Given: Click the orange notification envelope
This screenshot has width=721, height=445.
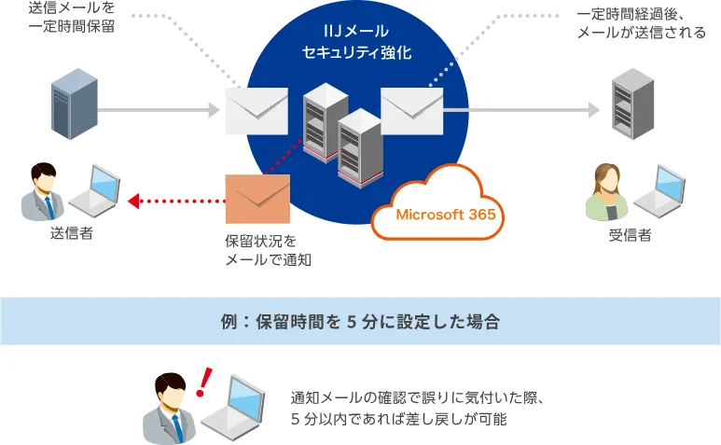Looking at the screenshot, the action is (257, 199).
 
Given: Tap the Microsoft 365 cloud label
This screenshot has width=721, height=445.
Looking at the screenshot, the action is (446, 215).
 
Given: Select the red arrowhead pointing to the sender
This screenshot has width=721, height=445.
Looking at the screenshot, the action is (133, 201).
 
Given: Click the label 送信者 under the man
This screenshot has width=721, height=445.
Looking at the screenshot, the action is (71, 233).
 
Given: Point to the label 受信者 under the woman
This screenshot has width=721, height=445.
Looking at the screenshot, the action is (630, 235).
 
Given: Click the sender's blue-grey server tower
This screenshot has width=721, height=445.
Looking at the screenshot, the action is (75, 104).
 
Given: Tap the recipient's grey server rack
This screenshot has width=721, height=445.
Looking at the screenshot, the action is (632, 104).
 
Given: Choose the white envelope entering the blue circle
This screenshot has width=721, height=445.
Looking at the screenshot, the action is (257, 111).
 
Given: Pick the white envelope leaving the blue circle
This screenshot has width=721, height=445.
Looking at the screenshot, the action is (412, 111).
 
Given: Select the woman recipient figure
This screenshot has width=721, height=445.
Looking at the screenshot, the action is (606, 192).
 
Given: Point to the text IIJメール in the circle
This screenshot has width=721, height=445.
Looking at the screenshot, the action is (356, 31).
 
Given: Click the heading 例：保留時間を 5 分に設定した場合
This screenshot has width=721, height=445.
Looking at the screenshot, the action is (360, 321).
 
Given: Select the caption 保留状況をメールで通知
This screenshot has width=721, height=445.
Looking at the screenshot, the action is (268, 250).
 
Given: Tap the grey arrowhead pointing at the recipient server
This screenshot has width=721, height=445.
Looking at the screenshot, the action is (594, 110).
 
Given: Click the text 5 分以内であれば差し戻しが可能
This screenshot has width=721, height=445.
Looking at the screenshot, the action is (398, 419).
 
